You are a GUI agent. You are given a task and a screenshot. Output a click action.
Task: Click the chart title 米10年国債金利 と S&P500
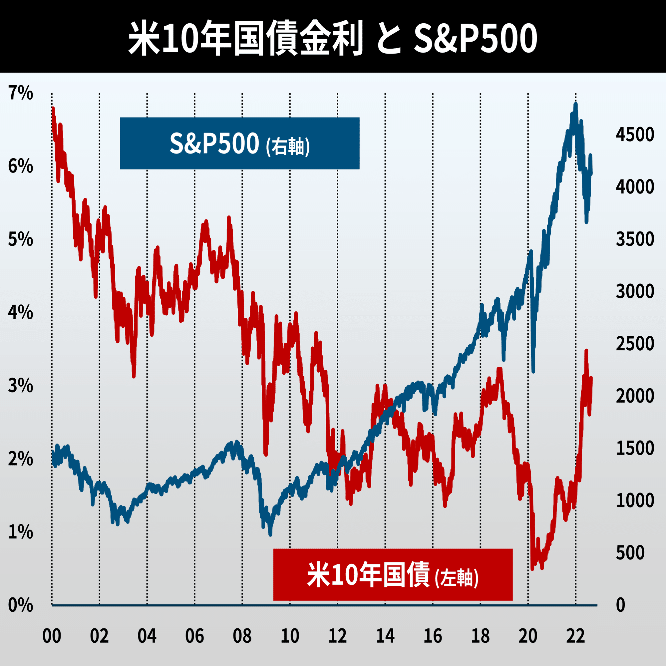coord(333,37)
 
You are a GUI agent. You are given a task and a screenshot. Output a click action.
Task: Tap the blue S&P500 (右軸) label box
coord(239,144)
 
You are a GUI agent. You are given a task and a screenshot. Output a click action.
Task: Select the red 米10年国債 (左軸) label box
coord(393,575)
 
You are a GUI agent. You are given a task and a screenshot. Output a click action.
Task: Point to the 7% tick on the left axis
coord(21,93)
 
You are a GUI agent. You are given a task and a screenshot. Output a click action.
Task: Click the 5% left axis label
coord(21,239)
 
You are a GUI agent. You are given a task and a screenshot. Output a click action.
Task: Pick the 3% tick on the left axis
coord(21,386)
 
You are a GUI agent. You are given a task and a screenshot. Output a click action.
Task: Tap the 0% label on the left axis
coord(21,605)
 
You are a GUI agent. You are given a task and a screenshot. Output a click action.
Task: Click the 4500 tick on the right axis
coord(635,135)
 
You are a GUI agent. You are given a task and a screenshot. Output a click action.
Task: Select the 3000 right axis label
coord(635,291)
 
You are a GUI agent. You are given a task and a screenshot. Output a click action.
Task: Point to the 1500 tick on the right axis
coord(635,448)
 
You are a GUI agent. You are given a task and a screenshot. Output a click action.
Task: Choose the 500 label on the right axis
coord(630,553)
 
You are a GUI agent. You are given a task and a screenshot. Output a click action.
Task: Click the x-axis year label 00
coord(52,636)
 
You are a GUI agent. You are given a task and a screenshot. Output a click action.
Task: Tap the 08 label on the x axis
coord(242,636)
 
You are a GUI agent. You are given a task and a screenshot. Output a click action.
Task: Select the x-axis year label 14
coord(385,636)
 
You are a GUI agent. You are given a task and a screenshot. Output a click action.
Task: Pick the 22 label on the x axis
coord(575,636)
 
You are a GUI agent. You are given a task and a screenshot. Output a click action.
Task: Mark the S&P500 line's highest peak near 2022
coord(576,105)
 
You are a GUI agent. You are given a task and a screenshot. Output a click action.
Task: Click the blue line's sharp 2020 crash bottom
coord(533,371)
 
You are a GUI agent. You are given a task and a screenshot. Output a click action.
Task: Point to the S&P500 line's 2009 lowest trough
coord(270,534)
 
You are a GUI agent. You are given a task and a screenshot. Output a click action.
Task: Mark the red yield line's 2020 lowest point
coord(532,569)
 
